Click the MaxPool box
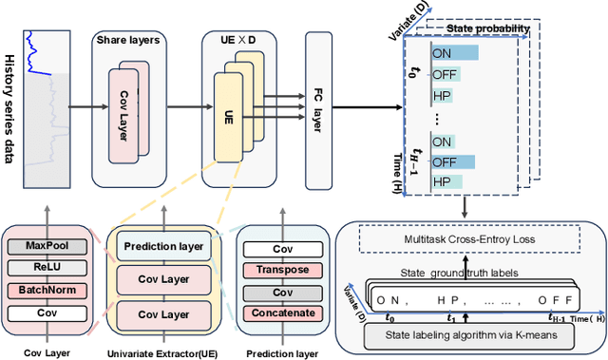[47, 245]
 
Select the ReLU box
[47, 267]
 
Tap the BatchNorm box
[47, 289]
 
